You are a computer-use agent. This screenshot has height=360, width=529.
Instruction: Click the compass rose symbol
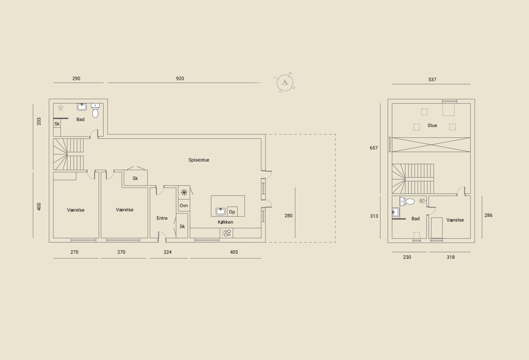(x=285, y=83)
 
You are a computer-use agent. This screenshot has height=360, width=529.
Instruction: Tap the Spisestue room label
(x=199, y=160)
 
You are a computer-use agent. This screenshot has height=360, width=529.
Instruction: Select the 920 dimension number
(x=180, y=78)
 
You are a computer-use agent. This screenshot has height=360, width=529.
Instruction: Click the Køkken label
(x=225, y=222)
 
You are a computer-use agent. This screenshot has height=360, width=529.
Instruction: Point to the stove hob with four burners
(x=226, y=233)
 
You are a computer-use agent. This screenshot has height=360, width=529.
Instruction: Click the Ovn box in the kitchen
(x=184, y=205)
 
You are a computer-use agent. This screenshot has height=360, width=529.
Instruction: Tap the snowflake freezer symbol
(x=184, y=193)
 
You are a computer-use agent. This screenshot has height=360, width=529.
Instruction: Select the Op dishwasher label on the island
(x=232, y=212)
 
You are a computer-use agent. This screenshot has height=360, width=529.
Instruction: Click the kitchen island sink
(x=221, y=211)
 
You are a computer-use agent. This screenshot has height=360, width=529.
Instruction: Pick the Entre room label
(x=162, y=218)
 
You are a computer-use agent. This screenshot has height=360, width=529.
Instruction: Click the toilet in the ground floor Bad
(x=95, y=111)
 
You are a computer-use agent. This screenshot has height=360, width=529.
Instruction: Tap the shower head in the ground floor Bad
(x=61, y=107)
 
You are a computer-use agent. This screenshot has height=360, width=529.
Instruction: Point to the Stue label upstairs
(x=432, y=125)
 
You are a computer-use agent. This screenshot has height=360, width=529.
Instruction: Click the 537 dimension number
(x=432, y=80)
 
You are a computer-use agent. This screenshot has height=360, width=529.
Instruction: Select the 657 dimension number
(x=374, y=148)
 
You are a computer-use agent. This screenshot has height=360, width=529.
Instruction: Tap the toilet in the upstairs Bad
(x=407, y=202)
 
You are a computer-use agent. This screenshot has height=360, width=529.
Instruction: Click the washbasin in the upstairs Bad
(x=395, y=212)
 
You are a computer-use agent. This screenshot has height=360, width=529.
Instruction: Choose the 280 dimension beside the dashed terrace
(x=288, y=216)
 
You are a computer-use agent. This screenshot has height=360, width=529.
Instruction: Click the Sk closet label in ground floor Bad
(x=57, y=124)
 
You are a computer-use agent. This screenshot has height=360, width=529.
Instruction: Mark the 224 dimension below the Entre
(x=167, y=252)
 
